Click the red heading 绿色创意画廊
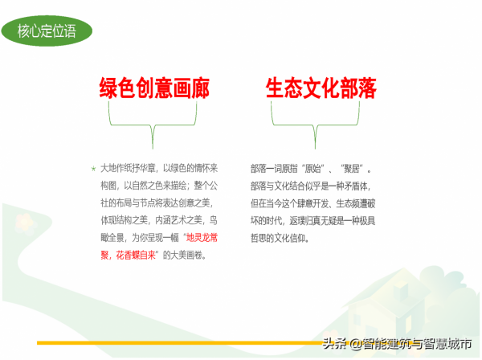(x=154, y=89)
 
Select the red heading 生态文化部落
(x=321, y=89)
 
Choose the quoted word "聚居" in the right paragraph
(x=354, y=170)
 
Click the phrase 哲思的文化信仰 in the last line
(x=279, y=239)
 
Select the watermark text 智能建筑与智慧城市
(x=412, y=345)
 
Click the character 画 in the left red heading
(x=177, y=89)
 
